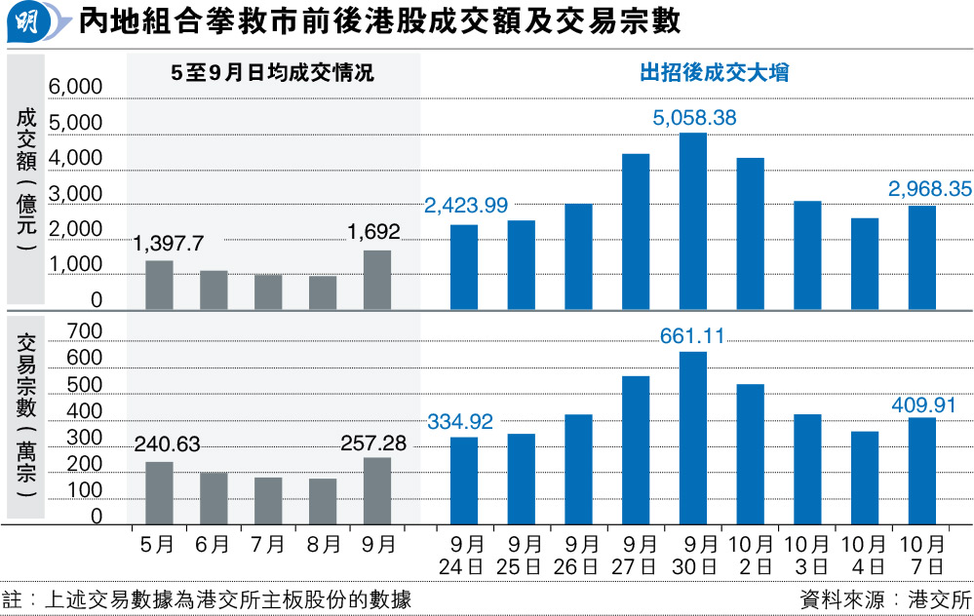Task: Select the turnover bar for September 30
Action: coord(693,221)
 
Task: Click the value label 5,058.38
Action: coord(694,119)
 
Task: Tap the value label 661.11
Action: coord(693,336)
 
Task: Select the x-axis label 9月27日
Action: coord(637,554)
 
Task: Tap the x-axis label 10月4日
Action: coord(865,554)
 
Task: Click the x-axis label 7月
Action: coord(269,544)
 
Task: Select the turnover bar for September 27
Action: coord(636,231)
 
